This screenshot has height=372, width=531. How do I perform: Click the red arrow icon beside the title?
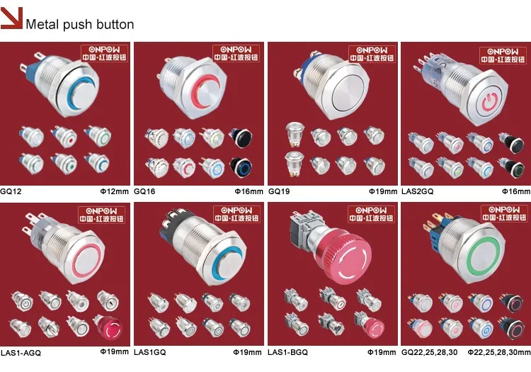(11, 20)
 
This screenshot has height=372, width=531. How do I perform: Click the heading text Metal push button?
(79, 24)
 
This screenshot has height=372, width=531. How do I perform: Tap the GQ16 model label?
(145, 191)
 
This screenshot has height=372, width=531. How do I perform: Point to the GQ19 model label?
(279, 191)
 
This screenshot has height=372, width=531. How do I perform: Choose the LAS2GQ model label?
(416, 191)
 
